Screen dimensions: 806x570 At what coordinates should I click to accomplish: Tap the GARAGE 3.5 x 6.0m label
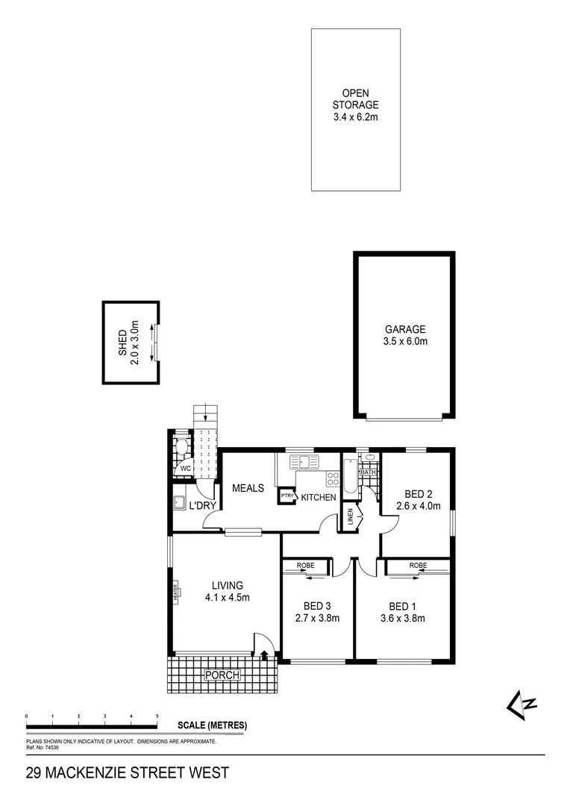[x=405, y=335]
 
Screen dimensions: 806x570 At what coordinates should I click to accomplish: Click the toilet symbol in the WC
[x=180, y=449]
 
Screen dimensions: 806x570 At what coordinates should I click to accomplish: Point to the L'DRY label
[x=202, y=506]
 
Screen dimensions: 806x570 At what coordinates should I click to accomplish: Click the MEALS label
[x=248, y=488]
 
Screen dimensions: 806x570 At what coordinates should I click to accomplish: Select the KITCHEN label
[x=319, y=498]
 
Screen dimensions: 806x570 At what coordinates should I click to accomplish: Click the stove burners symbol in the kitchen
[x=333, y=479]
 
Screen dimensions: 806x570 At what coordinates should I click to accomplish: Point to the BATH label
[x=368, y=472]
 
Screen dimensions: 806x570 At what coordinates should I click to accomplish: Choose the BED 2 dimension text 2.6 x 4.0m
[x=419, y=507]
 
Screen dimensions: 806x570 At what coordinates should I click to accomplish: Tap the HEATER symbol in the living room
[x=177, y=592]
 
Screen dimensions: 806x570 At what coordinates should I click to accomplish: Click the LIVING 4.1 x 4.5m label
[x=228, y=591]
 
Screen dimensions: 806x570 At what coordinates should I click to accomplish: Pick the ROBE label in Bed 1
[x=418, y=566]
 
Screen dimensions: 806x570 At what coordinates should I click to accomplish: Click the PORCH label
[x=223, y=675]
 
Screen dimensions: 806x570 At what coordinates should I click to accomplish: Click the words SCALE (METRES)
[x=212, y=725]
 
